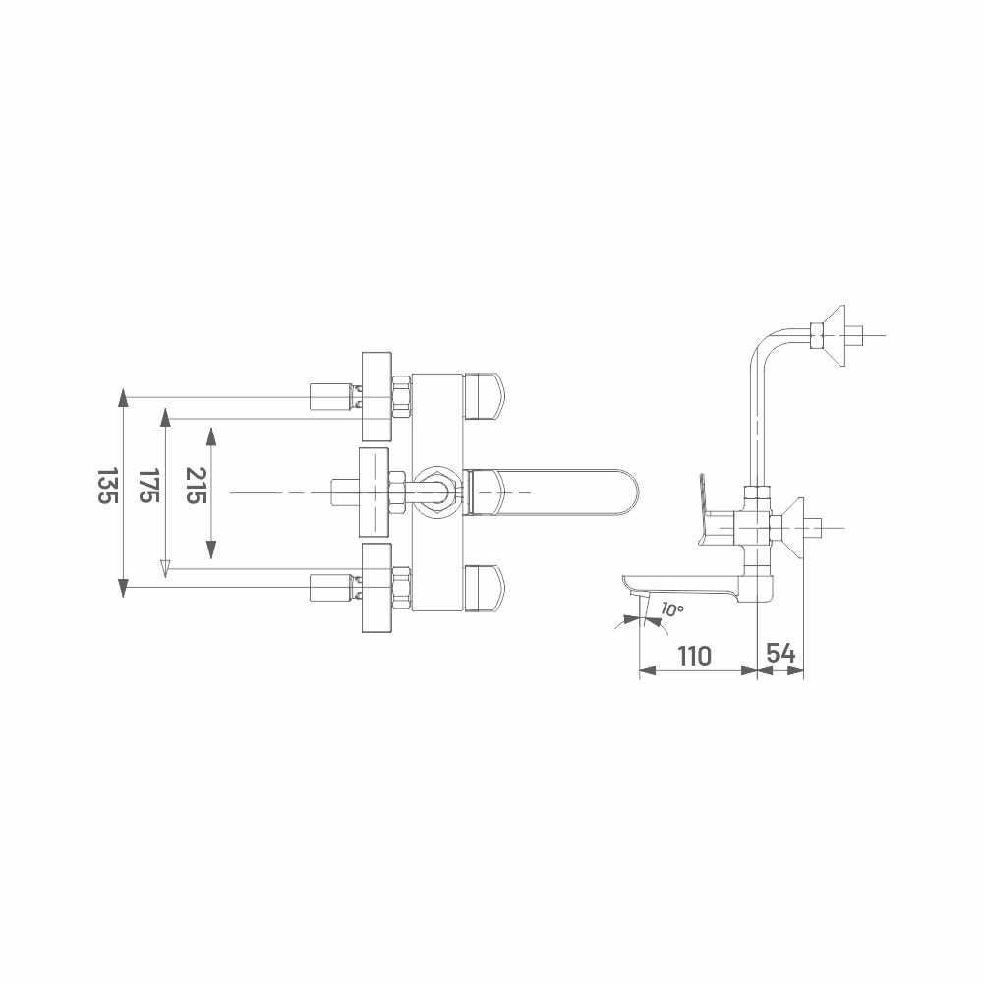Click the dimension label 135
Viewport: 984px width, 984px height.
(x=107, y=486)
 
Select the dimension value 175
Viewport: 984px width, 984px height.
(x=148, y=486)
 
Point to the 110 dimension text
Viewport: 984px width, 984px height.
(x=695, y=656)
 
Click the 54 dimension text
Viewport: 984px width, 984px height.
(x=781, y=654)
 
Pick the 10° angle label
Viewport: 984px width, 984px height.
(x=671, y=608)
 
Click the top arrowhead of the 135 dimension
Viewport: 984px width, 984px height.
(x=124, y=398)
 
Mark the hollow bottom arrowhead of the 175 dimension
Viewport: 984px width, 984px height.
(x=165, y=568)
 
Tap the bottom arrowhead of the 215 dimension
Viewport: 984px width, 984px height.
(x=211, y=550)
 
